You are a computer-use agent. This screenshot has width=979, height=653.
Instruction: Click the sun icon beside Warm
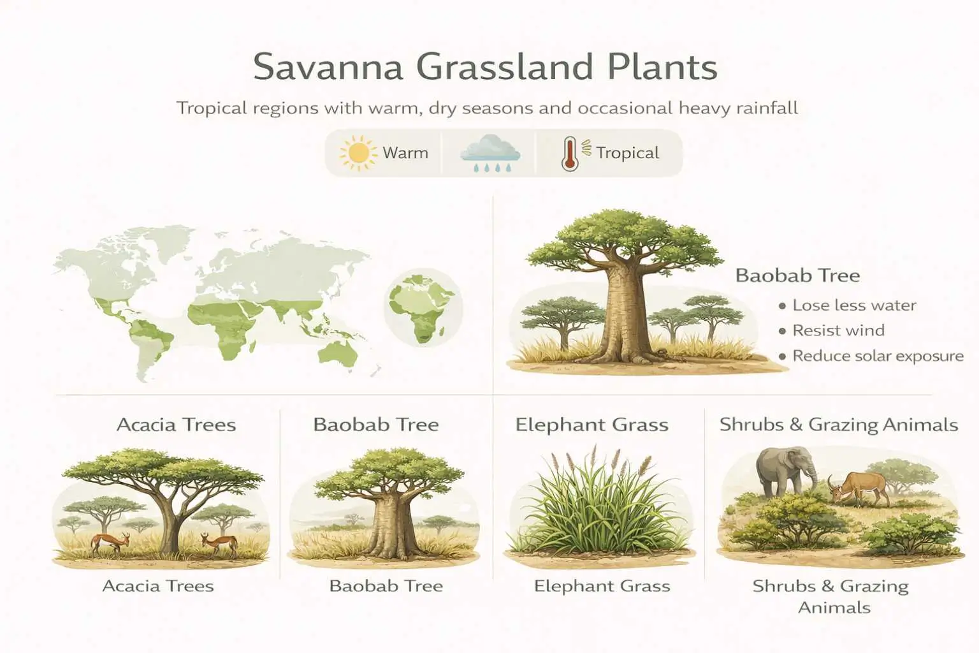click(358, 153)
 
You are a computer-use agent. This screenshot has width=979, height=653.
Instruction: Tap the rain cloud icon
click(489, 152)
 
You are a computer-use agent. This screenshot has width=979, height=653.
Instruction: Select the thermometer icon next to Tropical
click(569, 154)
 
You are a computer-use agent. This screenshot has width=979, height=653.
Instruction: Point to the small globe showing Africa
click(423, 308)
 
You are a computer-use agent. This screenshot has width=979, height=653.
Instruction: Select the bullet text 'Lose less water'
click(854, 305)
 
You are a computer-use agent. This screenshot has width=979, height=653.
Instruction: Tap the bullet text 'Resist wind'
click(838, 330)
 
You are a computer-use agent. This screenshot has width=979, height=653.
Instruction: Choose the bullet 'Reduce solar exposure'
click(878, 356)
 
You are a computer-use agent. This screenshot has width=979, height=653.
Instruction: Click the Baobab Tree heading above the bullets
click(797, 275)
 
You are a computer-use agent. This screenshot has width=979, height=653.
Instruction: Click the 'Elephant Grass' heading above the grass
click(591, 425)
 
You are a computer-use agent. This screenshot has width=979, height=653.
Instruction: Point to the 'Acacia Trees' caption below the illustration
click(158, 586)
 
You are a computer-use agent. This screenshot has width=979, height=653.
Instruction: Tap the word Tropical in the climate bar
click(627, 153)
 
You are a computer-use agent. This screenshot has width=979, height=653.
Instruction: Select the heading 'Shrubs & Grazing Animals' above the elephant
click(838, 425)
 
